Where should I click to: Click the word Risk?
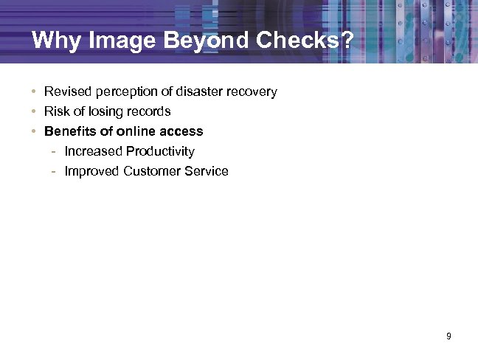click(56, 111)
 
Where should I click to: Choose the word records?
click(148, 111)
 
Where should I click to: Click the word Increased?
click(93, 151)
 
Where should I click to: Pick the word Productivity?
click(160, 151)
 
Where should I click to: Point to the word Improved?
click(92, 171)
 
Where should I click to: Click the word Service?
click(208, 171)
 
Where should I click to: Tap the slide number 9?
click(448, 337)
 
